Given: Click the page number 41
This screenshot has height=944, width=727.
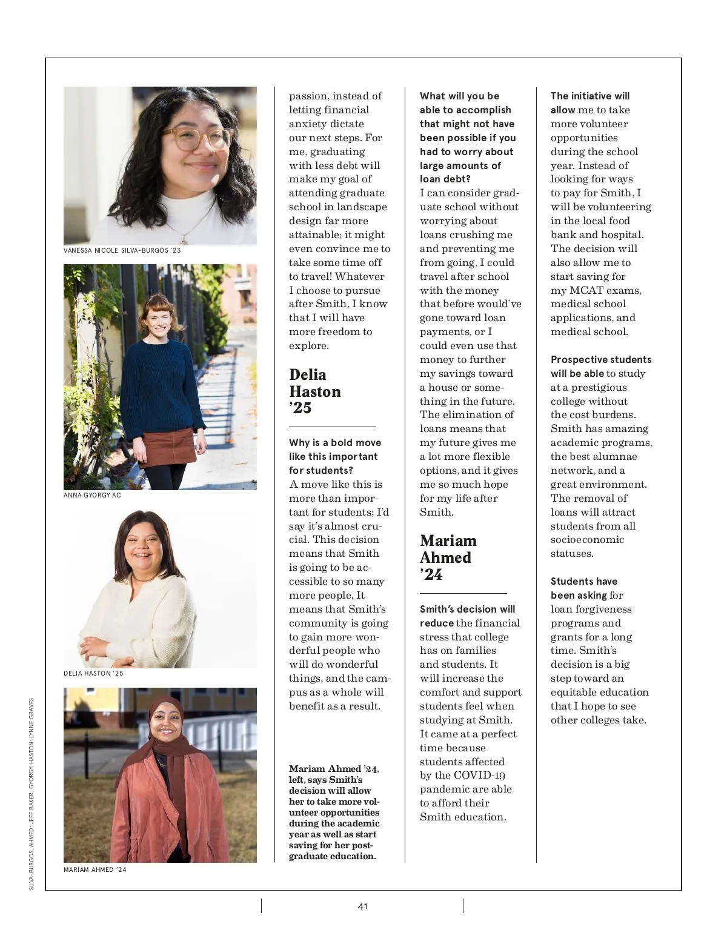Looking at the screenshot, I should click(x=362, y=906).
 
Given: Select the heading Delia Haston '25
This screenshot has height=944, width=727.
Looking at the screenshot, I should click(x=315, y=391).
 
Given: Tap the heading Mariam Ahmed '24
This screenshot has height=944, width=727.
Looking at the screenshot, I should click(x=448, y=557).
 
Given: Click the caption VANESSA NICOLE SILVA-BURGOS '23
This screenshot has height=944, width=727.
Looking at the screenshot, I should click(x=122, y=250).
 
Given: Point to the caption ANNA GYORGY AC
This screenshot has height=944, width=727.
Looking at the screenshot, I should click(x=92, y=495).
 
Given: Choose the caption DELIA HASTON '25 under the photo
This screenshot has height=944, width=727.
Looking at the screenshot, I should click(x=93, y=673).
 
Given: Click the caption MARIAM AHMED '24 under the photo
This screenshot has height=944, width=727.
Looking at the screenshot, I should click(x=95, y=869).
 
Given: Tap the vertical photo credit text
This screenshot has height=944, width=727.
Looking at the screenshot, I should click(x=32, y=794).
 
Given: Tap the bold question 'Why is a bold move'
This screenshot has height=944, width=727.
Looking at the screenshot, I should click(x=335, y=442).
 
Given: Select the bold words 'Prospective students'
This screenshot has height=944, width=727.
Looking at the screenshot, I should click(x=601, y=359).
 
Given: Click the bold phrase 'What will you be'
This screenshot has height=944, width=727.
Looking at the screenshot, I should click(x=459, y=96).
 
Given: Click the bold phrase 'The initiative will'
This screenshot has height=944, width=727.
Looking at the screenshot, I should click(x=590, y=96).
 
